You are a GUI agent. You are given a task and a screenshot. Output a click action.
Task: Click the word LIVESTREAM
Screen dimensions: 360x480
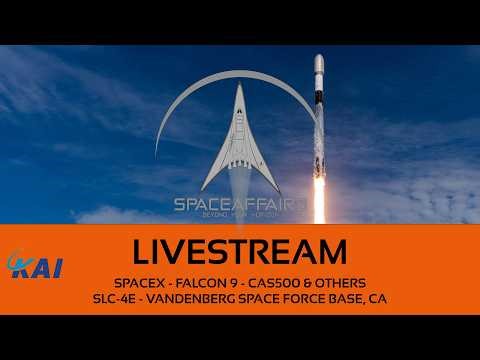(240, 248)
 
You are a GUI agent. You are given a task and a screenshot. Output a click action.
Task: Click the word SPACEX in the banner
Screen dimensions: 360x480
(140, 278)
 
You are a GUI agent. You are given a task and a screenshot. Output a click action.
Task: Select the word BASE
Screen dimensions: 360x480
(344, 297)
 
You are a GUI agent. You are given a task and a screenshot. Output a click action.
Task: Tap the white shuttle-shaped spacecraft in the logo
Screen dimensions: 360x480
(240, 140)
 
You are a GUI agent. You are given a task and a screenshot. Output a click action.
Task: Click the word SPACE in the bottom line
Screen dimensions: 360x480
(259, 297)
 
